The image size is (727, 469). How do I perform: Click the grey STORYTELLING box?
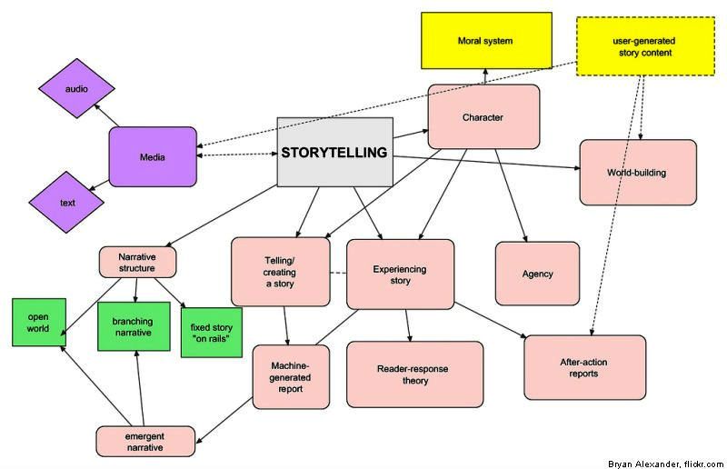[x=334, y=153]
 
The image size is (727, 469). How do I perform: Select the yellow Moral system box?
[x=485, y=41]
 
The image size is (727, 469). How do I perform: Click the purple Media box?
[x=153, y=157]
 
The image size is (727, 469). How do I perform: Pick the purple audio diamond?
[x=76, y=89]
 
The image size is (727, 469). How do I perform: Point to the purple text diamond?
[x=68, y=203]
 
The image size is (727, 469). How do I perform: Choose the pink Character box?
[x=483, y=116]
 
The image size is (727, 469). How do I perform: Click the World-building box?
[x=637, y=172]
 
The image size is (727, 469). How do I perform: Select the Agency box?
[x=537, y=274]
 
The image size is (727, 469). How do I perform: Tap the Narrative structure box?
[x=137, y=262]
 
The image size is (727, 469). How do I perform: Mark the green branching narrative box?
[x=134, y=326]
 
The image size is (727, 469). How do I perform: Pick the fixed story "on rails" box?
[x=212, y=326]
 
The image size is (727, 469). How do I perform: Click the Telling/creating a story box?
[x=279, y=271]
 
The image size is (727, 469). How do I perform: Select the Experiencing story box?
[x=400, y=274]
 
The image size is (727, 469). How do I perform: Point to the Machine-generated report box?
[x=291, y=376]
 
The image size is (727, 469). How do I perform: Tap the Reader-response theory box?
[x=414, y=374]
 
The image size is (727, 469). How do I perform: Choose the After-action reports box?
[x=584, y=367]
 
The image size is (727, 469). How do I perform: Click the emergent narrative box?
[x=145, y=441]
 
